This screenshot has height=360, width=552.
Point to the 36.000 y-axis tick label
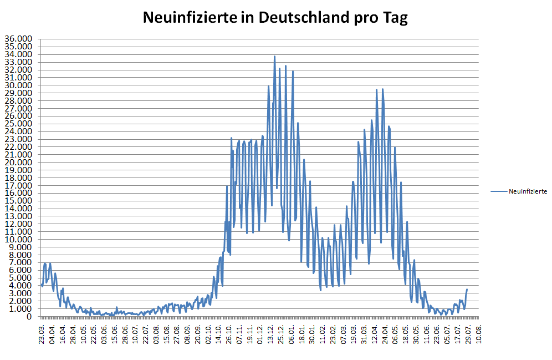point(18,39)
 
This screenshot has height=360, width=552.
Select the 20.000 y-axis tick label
point(18,162)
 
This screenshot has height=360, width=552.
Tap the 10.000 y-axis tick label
point(18,239)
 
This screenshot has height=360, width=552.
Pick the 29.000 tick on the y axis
point(18,93)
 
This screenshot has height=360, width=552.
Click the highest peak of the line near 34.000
point(274,56)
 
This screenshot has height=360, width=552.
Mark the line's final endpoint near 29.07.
point(467,289)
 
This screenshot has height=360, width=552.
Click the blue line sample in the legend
point(498,191)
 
